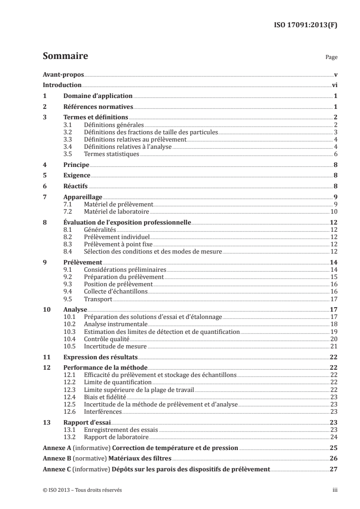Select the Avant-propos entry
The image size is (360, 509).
tap(63, 74)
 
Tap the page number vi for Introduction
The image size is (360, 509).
tap(334, 85)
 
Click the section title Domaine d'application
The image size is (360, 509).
tap(98, 96)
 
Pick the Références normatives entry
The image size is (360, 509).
tap(98, 107)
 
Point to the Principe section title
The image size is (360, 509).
tap(76, 165)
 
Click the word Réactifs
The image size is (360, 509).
tap(75, 186)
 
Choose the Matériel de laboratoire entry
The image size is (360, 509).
tap(117, 211)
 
